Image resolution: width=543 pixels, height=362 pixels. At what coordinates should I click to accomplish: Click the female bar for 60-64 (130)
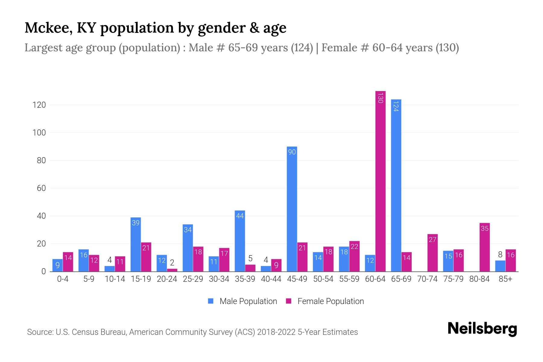point(380,181)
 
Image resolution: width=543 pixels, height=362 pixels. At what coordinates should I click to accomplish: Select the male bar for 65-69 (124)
point(396,186)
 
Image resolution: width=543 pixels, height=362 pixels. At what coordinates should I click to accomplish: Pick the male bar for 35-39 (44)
point(240,241)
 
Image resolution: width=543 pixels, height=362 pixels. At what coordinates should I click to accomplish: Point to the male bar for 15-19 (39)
point(136,244)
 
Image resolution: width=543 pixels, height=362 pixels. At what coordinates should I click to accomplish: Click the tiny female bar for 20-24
point(172,270)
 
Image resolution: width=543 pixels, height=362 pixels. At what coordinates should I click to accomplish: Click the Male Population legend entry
point(242,301)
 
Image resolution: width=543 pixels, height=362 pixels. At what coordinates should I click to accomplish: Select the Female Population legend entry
point(325,301)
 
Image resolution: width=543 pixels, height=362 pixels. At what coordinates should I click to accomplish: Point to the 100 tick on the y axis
point(39,133)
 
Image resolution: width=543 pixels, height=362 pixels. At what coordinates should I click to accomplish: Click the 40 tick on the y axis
point(41,216)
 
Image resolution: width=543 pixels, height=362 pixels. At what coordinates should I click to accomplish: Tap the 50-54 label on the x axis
point(323,279)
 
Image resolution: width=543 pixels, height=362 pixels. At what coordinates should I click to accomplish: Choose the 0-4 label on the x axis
point(63,279)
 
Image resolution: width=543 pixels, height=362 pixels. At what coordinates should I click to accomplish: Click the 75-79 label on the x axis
point(453,279)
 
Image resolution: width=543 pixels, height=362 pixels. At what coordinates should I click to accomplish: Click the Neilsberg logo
point(482,329)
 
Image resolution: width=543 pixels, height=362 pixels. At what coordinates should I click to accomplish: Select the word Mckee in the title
point(48,28)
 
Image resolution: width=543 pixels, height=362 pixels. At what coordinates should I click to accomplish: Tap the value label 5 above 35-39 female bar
point(250,259)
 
